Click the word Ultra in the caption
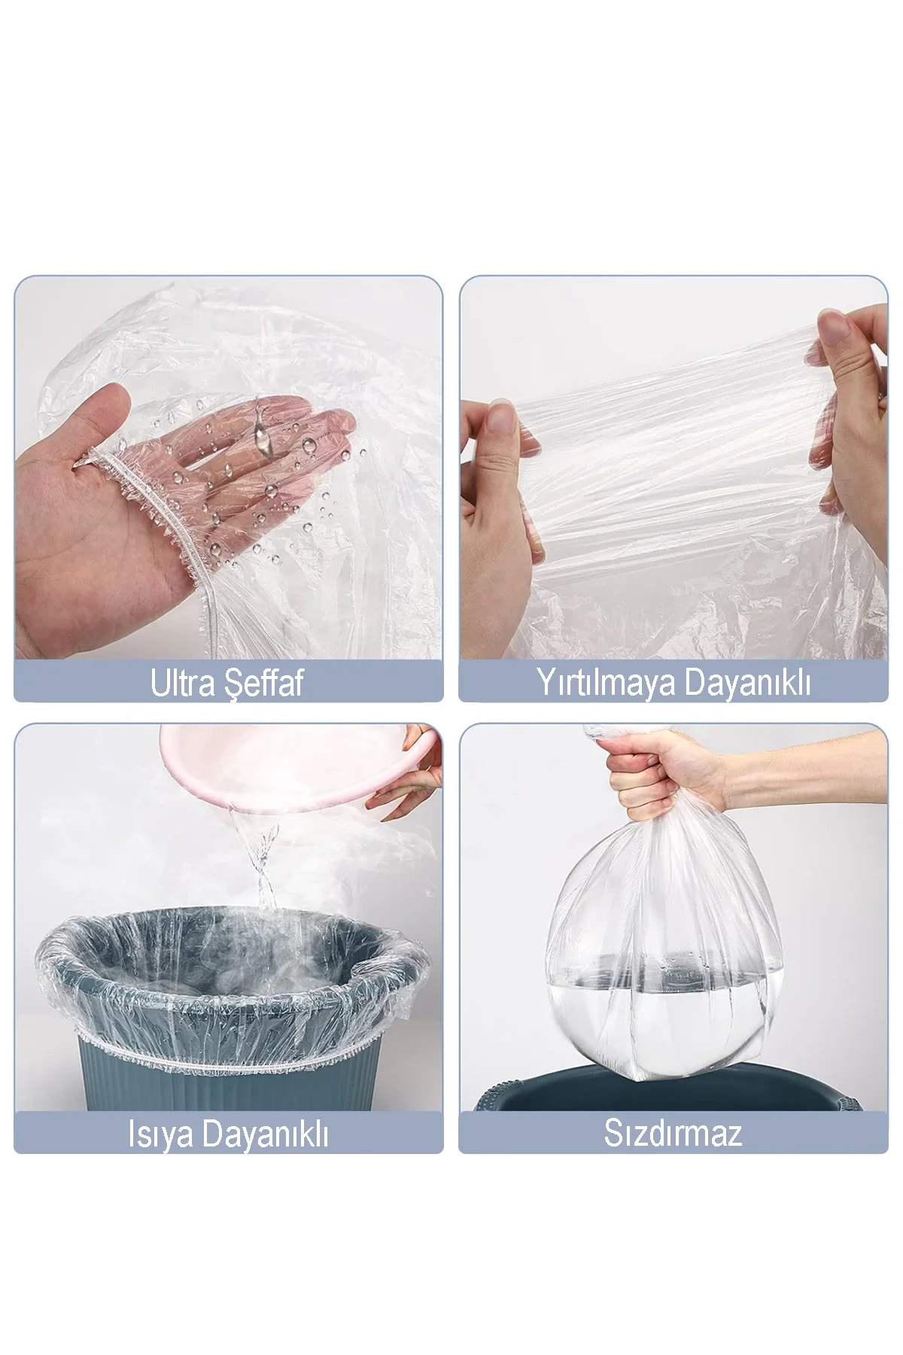pos(183,683)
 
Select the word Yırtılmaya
pos(605,682)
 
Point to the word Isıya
pos(161,1134)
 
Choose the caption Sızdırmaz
pos(673,1133)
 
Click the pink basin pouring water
pos(286,768)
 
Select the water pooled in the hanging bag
pos(670,1024)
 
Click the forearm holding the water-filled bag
pos(813,764)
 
